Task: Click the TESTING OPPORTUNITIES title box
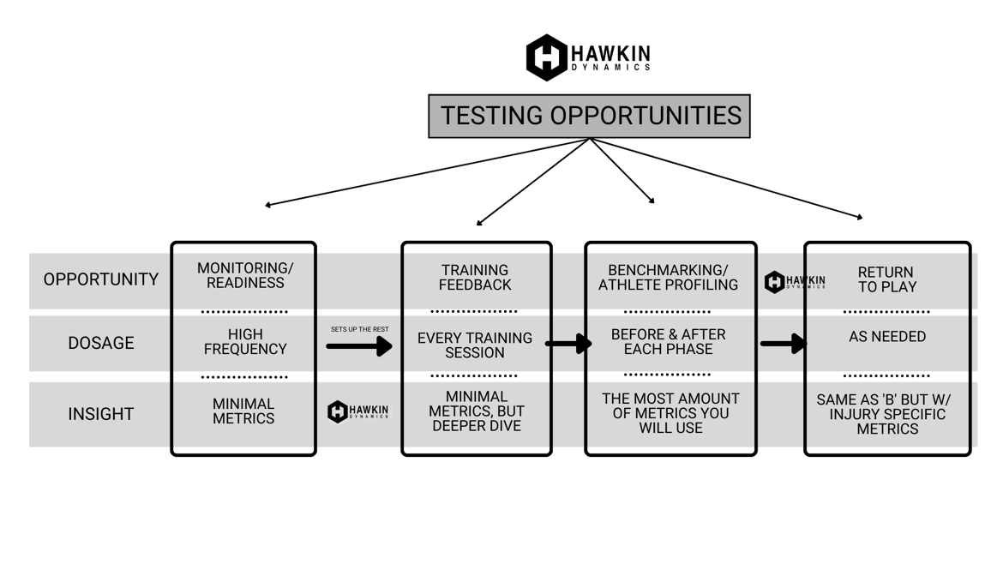click(589, 116)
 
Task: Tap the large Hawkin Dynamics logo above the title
click(588, 57)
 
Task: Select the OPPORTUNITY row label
click(100, 279)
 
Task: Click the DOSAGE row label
click(100, 343)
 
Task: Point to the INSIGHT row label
click(100, 414)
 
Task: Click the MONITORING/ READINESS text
click(244, 275)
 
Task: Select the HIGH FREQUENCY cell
click(244, 341)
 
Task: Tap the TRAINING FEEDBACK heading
click(475, 277)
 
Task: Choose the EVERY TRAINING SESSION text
click(475, 345)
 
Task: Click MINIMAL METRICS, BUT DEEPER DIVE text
click(476, 411)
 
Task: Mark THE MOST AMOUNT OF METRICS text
click(670, 412)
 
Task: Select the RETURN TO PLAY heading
click(886, 279)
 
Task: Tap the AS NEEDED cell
click(886, 337)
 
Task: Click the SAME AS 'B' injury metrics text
click(886, 414)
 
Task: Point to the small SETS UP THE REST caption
click(359, 329)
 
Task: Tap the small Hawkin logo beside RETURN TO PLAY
click(794, 282)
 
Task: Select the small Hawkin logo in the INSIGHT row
click(357, 411)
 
